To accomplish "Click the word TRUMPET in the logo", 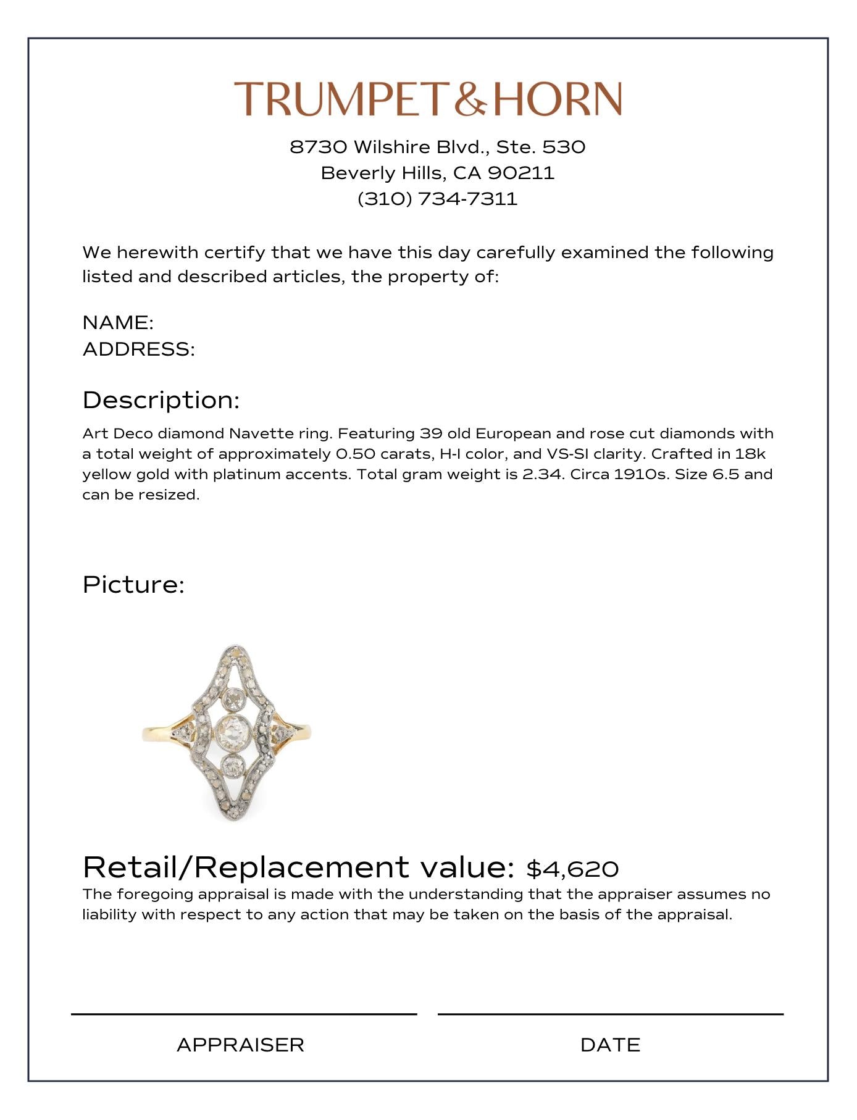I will click(339, 99).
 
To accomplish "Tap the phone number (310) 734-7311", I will click(437, 199).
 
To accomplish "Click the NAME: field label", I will click(118, 322).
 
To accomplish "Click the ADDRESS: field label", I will click(139, 349).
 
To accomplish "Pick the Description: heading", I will click(161, 400).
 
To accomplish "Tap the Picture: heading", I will click(133, 584).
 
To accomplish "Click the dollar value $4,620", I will click(572, 869).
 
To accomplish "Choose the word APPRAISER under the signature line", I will click(240, 1045).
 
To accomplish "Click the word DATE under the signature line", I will click(610, 1045).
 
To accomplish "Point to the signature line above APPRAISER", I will click(244, 1014).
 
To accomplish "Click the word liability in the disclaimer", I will click(109, 914).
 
